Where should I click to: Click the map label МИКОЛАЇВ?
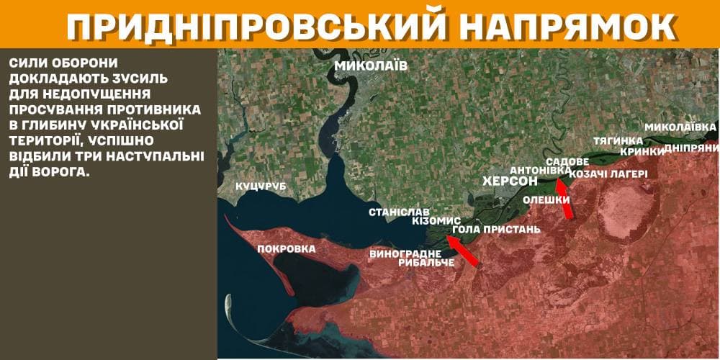tap(371, 67)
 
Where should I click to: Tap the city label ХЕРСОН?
tap(510, 181)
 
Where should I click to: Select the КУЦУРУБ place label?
tap(261, 186)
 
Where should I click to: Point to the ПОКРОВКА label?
tap(287, 249)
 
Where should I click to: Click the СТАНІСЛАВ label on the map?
tap(399, 212)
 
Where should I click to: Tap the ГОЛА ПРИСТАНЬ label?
tap(496, 230)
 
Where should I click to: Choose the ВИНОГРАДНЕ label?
tap(405, 253)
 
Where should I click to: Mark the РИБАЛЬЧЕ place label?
tap(426, 263)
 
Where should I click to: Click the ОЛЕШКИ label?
tap(546, 199)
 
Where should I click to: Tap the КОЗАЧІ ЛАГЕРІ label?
tap(608, 174)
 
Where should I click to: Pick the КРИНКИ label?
tap(642, 151)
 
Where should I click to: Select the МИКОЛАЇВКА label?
tap(680, 127)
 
